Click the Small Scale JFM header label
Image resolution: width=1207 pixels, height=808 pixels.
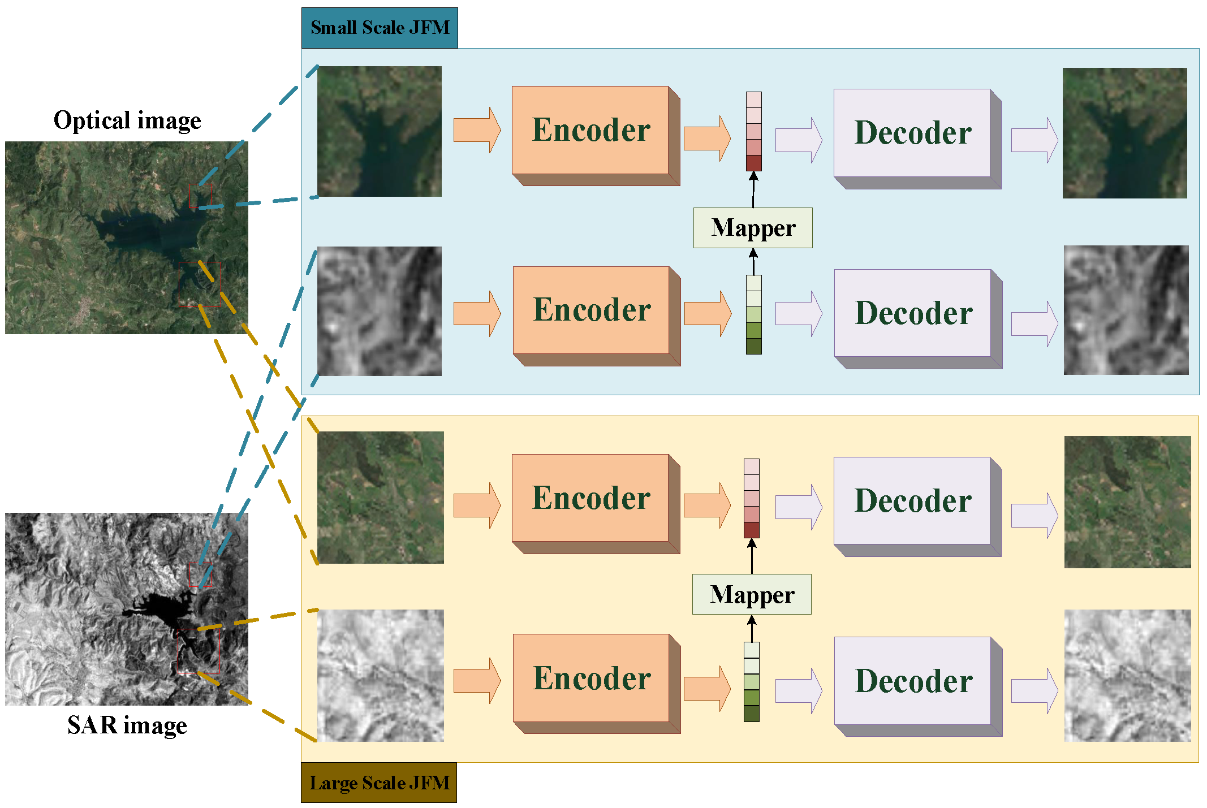pyautogui.click(x=380, y=28)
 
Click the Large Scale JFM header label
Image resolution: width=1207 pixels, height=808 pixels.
pyautogui.click(x=379, y=783)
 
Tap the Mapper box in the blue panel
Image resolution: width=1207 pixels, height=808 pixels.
pyautogui.click(x=753, y=228)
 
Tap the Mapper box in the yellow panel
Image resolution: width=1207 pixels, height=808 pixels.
pyautogui.click(x=752, y=594)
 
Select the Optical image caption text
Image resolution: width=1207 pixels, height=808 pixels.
pyautogui.click(x=127, y=120)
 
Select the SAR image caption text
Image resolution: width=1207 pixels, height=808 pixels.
pyautogui.click(x=127, y=725)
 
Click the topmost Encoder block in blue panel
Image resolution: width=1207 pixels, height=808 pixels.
pyautogui.click(x=590, y=131)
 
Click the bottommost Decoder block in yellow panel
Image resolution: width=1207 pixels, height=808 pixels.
pyautogui.click(x=913, y=681)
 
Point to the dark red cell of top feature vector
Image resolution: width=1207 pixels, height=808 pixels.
pyautogui.click(x=753, y=163)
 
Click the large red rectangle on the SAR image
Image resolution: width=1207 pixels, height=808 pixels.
pyautogui.click(x=199, y=650)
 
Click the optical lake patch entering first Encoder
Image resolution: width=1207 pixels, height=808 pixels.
pyautogui.click(x=379, y=131)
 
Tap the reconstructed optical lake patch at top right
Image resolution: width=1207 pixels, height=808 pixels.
pyautogui.click(x=1124, y=133)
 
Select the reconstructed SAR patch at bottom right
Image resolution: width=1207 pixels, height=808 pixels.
pyautogui.click(x=1127, y=675)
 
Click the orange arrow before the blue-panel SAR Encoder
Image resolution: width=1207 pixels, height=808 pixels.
pyautogui.click(x=477, y=313)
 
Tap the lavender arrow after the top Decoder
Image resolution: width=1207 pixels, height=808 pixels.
pyautogui.click(x=1034, y=140)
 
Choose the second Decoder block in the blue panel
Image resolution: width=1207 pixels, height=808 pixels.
pyautogui.click(x=913, y=313)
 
